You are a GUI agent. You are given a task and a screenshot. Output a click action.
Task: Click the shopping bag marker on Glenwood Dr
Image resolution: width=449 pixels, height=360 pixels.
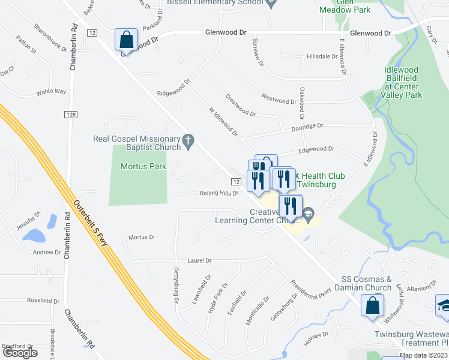coord(127,40)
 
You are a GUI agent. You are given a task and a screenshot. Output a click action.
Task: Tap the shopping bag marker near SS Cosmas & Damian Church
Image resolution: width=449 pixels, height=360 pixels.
coord(372,305)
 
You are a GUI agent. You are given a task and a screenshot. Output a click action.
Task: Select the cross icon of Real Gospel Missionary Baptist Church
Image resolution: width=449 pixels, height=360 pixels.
coord(188,142)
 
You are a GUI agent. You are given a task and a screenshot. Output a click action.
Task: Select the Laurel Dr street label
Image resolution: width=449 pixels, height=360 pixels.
coord(200,260)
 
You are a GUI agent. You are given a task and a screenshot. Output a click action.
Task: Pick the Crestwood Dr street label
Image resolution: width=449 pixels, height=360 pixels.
coord(241,105)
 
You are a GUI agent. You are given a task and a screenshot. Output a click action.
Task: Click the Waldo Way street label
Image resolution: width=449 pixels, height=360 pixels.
coord(51,92)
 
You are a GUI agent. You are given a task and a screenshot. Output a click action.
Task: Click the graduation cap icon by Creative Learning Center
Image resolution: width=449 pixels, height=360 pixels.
coord(309,213)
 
